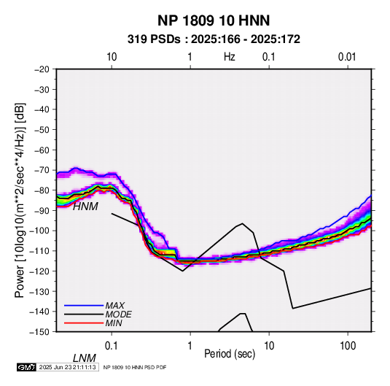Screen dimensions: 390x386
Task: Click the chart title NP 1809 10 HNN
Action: (214, 20)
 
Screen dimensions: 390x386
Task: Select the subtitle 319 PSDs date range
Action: (214, 39)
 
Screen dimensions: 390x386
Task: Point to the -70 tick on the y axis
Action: (42, 170)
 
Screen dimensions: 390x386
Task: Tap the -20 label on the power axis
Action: (42, 69)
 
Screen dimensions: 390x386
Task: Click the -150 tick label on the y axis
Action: (40, 332)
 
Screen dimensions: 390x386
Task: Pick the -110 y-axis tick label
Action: (40, 251)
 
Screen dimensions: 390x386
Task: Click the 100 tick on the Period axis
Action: (348, 346)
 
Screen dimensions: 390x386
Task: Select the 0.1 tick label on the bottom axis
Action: (112, 346)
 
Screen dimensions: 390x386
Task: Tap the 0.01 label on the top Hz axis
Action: (347, 57)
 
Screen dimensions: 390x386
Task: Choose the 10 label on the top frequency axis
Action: (112, 57)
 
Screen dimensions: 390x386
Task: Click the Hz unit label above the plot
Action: (230, 57)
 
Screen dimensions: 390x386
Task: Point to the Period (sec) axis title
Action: (230, 354)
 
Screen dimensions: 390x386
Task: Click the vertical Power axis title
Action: (20, 200)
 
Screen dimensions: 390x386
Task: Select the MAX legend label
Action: (115, 306)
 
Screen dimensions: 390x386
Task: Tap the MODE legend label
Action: (118, 314)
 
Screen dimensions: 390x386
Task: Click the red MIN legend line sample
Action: (84, 323)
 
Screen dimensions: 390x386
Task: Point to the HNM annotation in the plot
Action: (85, 206)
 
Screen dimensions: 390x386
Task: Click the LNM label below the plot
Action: (85, 358)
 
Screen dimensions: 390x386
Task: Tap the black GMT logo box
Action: (27, 367)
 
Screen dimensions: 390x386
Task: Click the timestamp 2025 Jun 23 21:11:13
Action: (67, 367)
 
